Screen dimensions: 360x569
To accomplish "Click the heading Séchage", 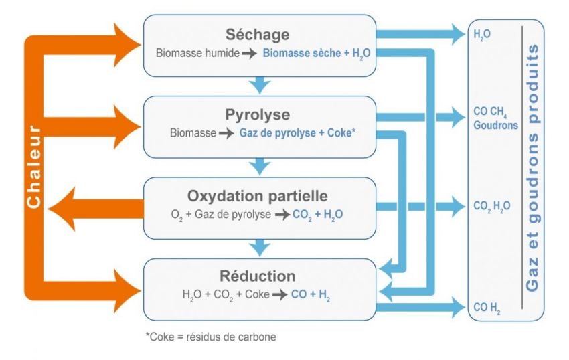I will tap(258, 34).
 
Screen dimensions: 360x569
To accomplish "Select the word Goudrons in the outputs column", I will tap(496, 124).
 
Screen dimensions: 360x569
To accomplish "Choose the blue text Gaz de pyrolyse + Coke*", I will tap(297, 132).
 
